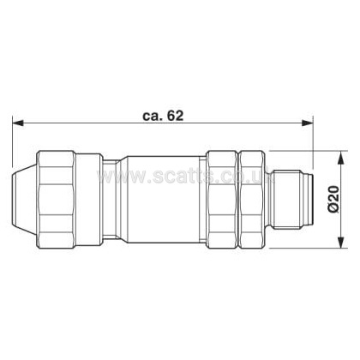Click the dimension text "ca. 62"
coord(163,116)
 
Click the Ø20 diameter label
coord(333,199)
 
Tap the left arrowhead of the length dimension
coord(18,123)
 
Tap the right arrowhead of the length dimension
coord(308,123)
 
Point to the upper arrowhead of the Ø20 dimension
coord(340,157)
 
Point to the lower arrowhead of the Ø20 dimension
coord(340,243)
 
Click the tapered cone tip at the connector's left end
coord(24,199)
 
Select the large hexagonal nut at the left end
coord(57,199)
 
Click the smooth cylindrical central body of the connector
coord(163,199)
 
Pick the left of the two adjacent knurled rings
coord(222,199)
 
